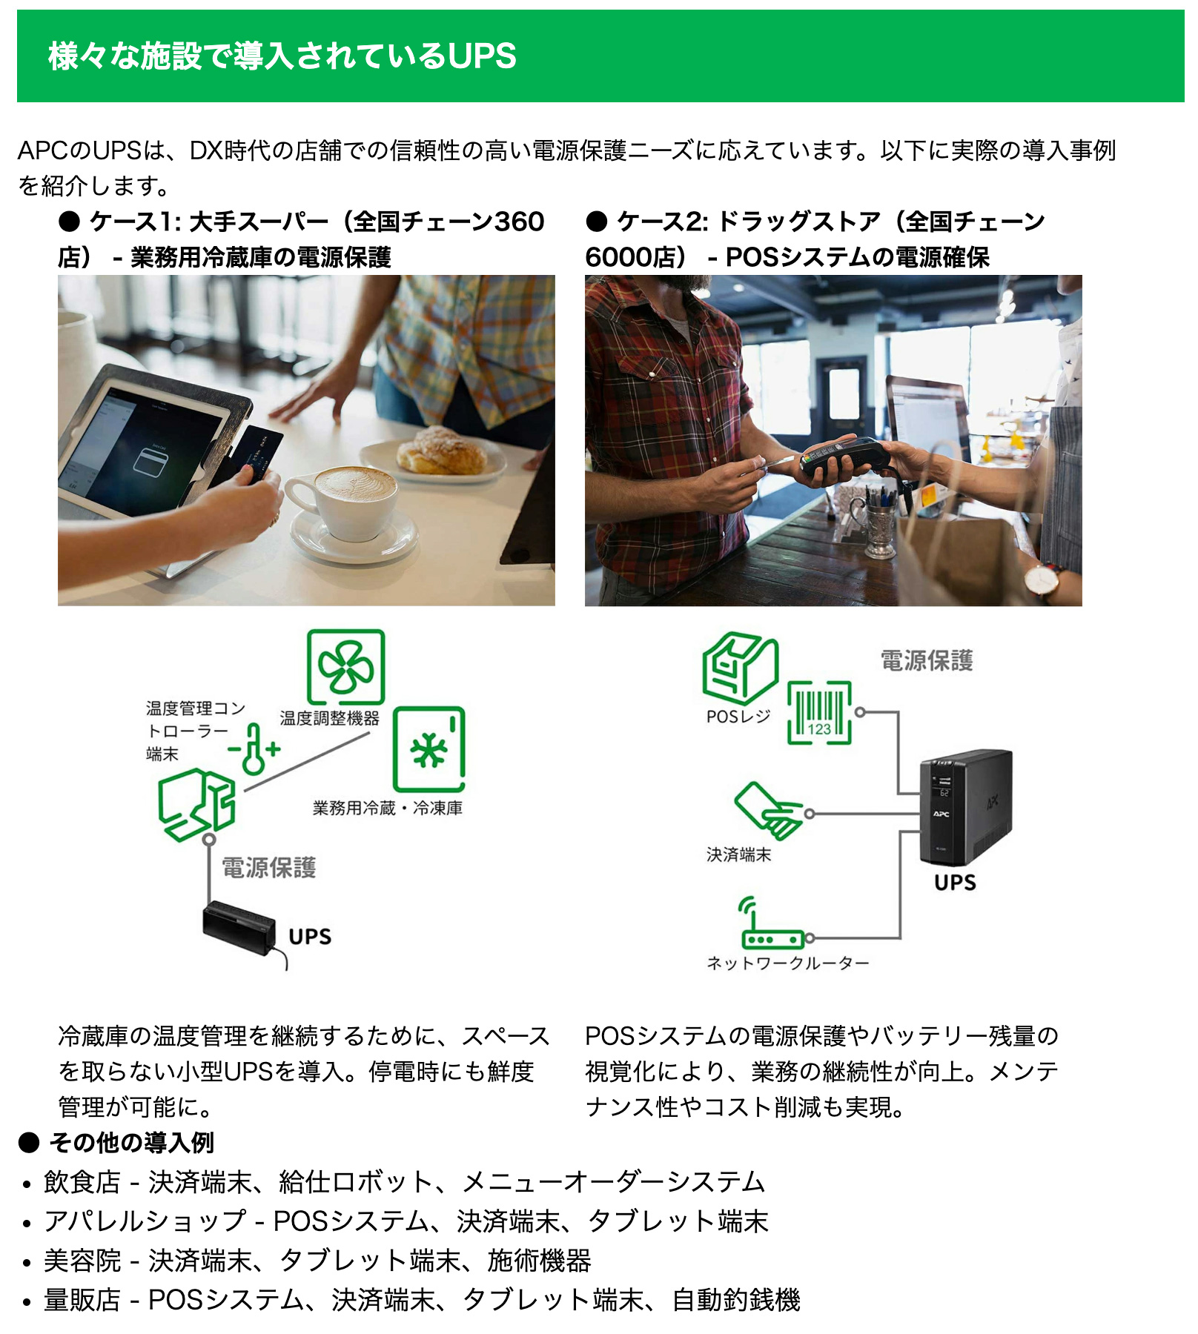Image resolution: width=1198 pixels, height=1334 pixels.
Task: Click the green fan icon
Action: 345,666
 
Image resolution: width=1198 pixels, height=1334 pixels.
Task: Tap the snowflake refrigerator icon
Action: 428,749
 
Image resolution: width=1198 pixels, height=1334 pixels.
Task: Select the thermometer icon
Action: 254,749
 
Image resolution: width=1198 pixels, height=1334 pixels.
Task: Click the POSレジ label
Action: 738,717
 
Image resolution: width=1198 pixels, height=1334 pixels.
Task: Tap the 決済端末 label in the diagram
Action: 738,855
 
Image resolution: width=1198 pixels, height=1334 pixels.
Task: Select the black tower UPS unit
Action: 965,808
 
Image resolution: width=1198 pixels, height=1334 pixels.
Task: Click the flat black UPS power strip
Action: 239,927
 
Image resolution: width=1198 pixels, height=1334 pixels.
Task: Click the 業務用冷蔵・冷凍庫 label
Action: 387,808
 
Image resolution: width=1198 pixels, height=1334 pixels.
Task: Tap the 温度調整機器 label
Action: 329,717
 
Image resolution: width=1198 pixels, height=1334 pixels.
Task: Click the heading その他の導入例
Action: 131,1142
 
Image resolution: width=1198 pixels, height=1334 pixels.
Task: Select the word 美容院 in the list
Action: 82,1260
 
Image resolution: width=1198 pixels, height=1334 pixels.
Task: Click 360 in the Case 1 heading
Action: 519,221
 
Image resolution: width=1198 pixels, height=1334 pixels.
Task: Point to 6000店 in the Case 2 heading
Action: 630,257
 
